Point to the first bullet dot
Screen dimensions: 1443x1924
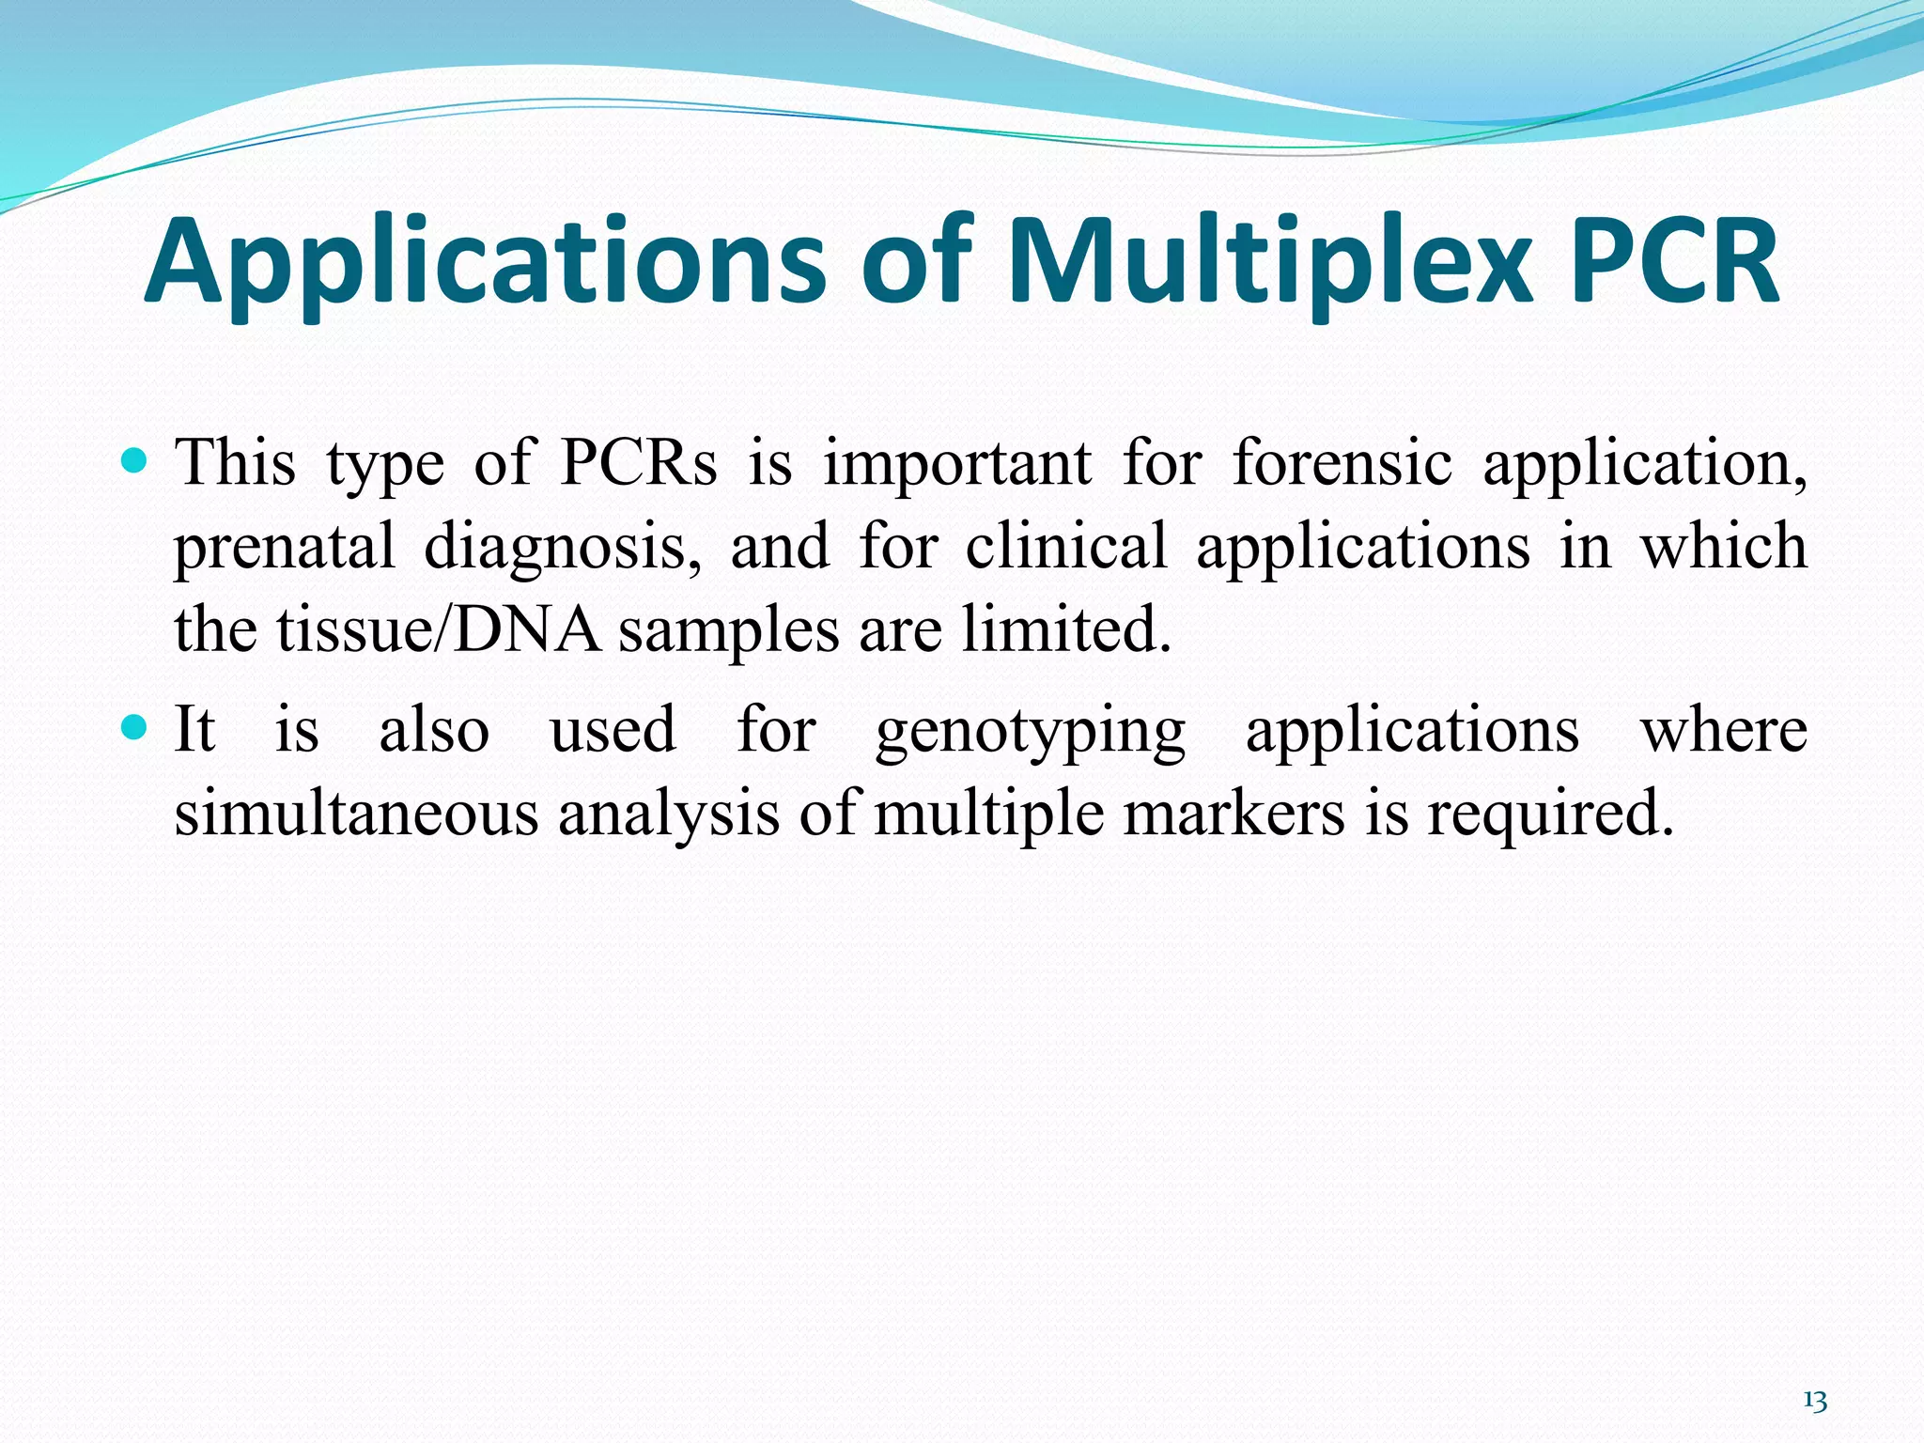coord(135,460)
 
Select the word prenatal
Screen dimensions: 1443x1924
coord(284,547)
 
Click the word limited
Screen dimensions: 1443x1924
coord(1066,628)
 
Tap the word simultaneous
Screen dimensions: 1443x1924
coord(357,813)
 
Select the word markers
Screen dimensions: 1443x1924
coord(1234,813)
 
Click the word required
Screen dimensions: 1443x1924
coord(1551,815)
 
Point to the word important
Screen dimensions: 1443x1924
coord(957,464)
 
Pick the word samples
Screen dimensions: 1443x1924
coord(728,630)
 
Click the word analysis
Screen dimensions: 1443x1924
coord(668,815)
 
